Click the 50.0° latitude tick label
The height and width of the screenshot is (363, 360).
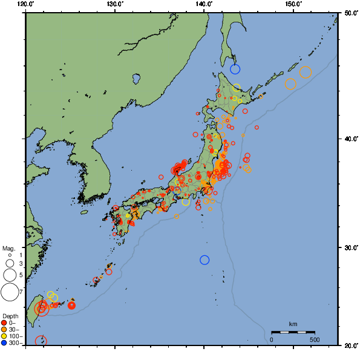coord(350,13)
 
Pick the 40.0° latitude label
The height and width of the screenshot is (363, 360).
coord(350,139)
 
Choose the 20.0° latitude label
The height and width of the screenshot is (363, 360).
coord(350,345)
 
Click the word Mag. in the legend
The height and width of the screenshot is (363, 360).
coord(8,249)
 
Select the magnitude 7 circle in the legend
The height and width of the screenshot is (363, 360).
coord(9,292)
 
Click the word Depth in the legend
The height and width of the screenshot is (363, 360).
coord(10,316)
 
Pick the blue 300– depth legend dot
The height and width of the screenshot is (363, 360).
coord(4,343)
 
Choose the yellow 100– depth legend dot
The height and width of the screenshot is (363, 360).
coord(4,336)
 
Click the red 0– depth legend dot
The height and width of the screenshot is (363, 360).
coord(4,322)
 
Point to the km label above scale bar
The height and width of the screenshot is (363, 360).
coord(293,324)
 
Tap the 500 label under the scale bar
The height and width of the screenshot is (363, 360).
coord(314,339)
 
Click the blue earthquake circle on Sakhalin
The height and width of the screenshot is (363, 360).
coord(235,69)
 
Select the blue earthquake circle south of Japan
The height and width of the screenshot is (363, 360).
coord(205,260)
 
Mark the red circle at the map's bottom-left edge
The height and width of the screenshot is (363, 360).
coord(41,341)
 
